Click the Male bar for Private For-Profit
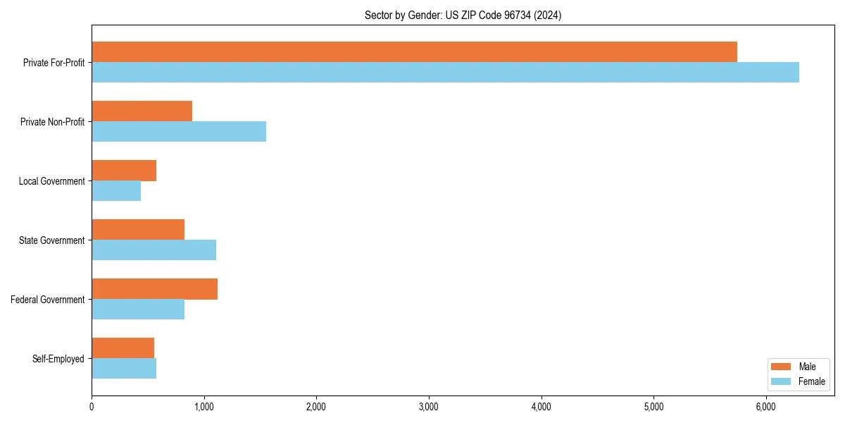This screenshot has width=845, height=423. pyautogui.click(x=414, y=52)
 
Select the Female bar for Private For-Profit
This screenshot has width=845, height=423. pyautogui.click(x=445, y=73)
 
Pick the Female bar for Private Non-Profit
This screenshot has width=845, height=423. pyautogui.click(x=179, y=132)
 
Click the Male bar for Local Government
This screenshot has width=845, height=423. pyautogui.click(x=124, y=171)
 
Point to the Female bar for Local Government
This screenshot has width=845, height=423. pyautogui.click(x=116, y=191)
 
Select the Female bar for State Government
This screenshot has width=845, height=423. pyautogui.click(x=154, y=250)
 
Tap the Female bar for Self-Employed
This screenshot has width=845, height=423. pyautogui.click(x=124, y=369)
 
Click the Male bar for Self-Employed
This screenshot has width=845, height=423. pyautogui.click(x=123, y=348)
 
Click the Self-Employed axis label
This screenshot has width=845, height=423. pyautogui.click(x=58, y=359)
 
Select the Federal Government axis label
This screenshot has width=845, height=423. pyautogui.click(x=47, y=300)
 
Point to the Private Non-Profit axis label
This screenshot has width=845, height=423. pyautogui.click(x=52, y=122)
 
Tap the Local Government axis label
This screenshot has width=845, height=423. pyautogui.click(x=51, y=181)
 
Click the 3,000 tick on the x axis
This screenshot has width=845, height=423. pyautogui.click(x=428, y=407)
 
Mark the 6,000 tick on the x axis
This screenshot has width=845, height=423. pyautogui.click(x=765, y=407)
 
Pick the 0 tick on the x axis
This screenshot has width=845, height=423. pyautogui.click(x=92, y=407)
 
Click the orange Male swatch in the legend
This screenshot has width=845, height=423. pyautogui.click(x=782, y=367)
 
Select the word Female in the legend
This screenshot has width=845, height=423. pyautogui.click(x=811, y=381)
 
